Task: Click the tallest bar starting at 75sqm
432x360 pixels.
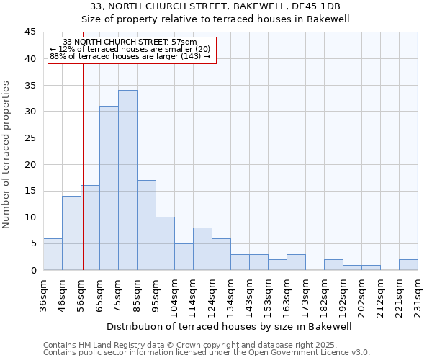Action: (x=127, y=180)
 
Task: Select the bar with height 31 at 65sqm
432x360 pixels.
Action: (x=109, y=188)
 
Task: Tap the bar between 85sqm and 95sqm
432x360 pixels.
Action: (x=146, y=225)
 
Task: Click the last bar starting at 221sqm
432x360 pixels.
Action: (x=408, y=264)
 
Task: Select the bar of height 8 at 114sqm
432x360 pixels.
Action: (x=202, y=249)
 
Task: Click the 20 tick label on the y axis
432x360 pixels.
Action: (x=30, y=164)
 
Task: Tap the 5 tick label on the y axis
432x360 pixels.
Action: (x=33, y=243)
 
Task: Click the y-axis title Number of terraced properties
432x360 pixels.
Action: (x=7, y=155)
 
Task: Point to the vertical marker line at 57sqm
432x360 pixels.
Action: (x=83, y=180)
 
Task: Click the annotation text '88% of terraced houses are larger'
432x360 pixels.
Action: (x=130, y=56)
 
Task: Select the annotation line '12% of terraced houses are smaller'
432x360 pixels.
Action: (x=130, y=49)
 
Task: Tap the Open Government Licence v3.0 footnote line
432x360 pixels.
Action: (x=207, y=353)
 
